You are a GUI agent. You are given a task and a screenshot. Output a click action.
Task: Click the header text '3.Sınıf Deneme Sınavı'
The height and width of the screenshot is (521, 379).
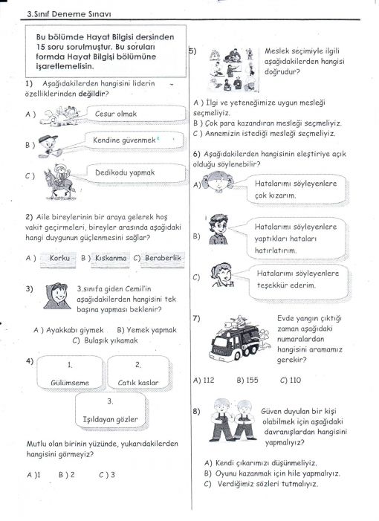click(69, 14)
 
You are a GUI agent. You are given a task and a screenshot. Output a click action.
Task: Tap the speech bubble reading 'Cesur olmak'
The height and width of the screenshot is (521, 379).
click(136, 114)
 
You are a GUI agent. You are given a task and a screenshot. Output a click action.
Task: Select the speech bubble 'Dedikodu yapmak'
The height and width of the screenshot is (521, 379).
click(136, 173)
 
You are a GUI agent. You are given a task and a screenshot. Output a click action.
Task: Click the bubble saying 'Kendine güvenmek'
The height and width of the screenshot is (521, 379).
click(135, 140)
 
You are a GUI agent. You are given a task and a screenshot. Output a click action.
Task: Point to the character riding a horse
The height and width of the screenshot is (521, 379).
click(59, 181)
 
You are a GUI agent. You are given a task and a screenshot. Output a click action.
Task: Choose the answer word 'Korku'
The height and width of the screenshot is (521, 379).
click(59, 258)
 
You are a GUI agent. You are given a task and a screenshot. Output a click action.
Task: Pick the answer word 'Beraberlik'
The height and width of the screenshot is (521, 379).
click(163, 258)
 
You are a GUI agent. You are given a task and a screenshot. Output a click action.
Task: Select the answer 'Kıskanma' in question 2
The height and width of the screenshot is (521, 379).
click(111, 258)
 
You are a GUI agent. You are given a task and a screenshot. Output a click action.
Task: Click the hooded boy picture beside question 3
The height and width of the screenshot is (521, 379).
click(57, 296)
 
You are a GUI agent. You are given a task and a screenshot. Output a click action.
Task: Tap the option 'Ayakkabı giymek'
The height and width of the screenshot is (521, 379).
click(69, 330)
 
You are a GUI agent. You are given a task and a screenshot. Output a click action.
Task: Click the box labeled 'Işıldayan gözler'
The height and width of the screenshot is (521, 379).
click(110, 411)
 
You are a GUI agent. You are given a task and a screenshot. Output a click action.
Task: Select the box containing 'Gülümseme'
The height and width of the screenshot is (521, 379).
click(70, 372)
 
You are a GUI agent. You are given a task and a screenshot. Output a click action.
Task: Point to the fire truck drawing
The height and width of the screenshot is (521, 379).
click(239, 339)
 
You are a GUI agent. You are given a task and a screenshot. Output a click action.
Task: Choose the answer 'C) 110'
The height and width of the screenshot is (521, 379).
click(291, 380)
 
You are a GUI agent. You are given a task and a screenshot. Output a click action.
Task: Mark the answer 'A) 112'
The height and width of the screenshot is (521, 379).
click(204, 380)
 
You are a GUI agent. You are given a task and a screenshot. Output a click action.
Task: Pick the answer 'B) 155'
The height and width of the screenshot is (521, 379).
click(247, 380)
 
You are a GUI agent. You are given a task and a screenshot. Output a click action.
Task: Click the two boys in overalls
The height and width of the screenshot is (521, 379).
click(233, 421)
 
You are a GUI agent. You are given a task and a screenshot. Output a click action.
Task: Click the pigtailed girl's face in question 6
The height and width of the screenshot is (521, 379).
click(218, 182)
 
